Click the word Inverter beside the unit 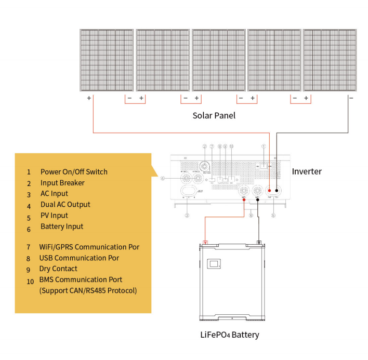tap(307, 171)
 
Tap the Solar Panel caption tap(214, 115)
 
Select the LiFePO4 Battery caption tap(229, 335)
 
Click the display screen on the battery tap(214, 264)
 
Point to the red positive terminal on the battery tap(206, 243)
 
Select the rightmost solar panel tap(330, 60)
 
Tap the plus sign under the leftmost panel tap(89, 98)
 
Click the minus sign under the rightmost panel tap(351, 98)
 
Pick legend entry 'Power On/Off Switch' tap(74, 172)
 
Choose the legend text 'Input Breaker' tap(62, 183)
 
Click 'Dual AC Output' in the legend tap(65, 205)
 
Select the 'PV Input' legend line tap(54, 216)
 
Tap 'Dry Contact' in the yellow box tap(58, 269)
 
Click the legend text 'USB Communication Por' tap(79, 258)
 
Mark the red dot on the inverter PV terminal tap(270, 190)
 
